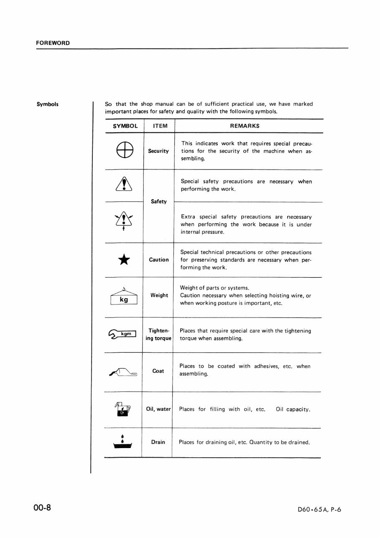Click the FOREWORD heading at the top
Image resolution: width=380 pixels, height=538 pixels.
[x=52, y=43]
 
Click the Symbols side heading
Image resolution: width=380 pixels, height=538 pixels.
[x=47, y=104]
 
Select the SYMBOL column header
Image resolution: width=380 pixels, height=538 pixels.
[x=125, y=126]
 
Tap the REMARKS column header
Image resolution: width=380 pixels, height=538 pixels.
[x=245, y=126]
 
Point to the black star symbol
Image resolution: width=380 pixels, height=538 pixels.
[x=124, y=260]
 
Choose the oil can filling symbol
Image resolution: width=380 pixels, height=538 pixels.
[x=122, y=409]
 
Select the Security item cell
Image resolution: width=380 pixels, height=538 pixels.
[x=158, y=151]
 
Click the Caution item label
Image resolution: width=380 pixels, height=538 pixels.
[x=159, y=260]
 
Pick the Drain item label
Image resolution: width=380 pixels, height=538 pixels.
[x=158, y=442]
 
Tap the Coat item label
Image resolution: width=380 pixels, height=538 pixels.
[x=158, y=371]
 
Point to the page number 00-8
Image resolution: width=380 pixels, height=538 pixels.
[x=42, y=508]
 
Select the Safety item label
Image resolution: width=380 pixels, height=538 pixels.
[x=159, y=202]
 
